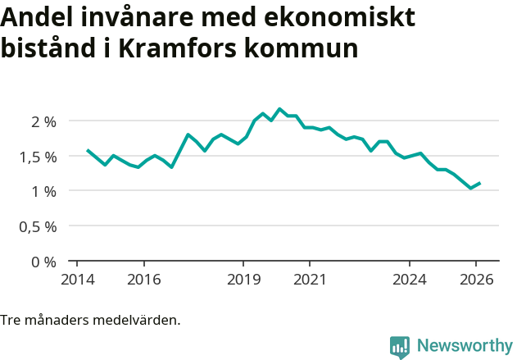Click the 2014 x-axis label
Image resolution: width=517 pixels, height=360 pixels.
pos(77,279)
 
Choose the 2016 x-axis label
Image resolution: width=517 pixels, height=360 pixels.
pos(143,279)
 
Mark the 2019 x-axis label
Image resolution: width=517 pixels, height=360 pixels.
pos(243,279)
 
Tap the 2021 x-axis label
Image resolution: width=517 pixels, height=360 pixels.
pos(310,279)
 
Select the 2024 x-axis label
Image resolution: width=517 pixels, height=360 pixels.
pos(410,279)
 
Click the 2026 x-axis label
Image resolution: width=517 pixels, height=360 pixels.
pos(476,279)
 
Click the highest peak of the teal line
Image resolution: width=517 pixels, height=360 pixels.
pos(279,108)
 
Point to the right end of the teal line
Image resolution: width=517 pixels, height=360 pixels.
pos(480,183)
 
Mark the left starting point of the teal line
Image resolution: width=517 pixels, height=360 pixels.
pos(88,150)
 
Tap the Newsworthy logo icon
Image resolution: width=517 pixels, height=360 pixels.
pos(400,347)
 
